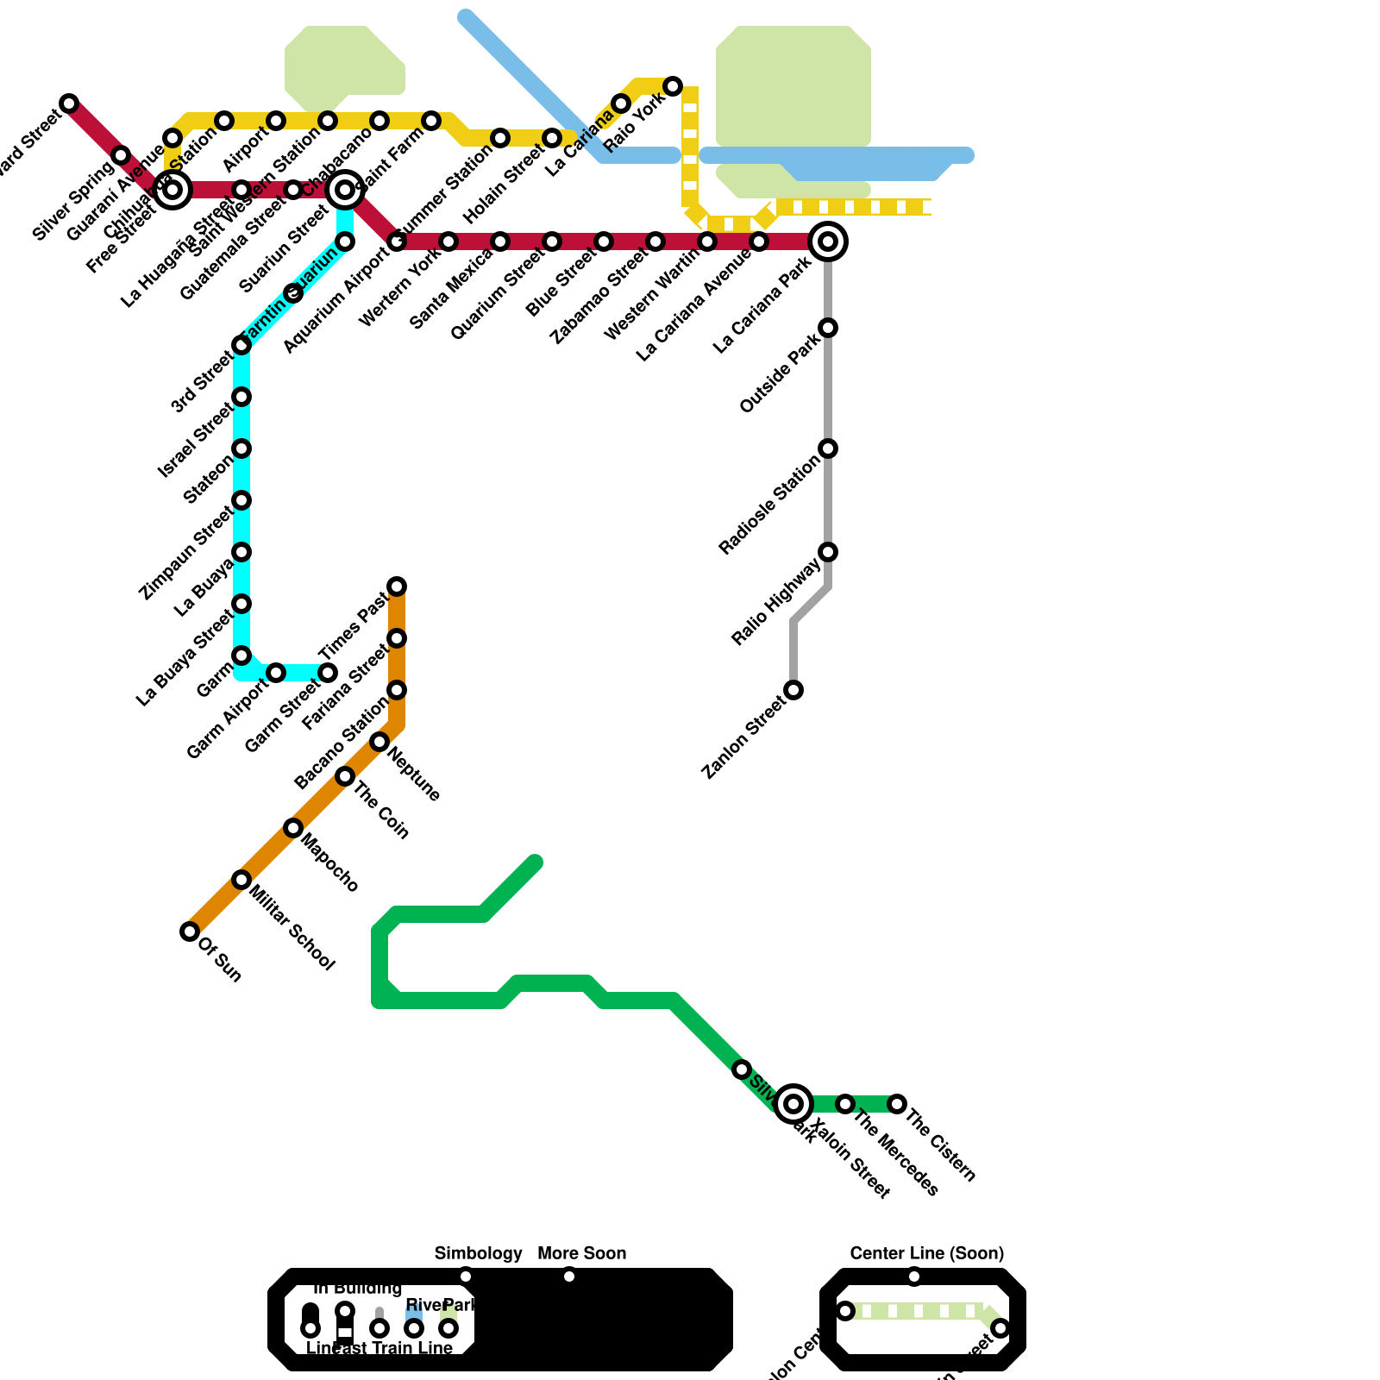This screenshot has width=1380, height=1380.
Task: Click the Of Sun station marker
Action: [190, 931]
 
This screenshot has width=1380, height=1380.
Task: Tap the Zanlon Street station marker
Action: [793, 690]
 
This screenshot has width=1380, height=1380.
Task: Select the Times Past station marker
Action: [397, 586]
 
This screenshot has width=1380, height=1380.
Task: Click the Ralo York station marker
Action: [673, 86]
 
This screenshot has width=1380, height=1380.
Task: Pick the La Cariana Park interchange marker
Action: [828, 241]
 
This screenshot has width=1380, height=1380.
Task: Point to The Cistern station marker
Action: [897, 1104]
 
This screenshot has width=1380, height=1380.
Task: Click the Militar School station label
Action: [292, 927]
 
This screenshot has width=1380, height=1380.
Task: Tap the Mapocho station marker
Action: [293, 828]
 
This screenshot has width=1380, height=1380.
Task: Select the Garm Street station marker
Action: [328, 673]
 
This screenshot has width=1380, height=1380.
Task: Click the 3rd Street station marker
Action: [241, 345]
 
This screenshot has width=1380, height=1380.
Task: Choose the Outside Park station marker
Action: [828, 328]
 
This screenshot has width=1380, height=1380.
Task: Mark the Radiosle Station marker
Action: [828, 448]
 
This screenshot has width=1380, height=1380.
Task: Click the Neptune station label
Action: [415, 774]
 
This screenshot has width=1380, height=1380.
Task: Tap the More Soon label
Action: [581, 1253]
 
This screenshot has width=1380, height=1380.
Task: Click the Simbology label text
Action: [478, 1253]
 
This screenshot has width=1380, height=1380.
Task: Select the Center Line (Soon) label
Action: [926, 1253]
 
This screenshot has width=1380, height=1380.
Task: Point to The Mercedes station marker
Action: [845, 1104]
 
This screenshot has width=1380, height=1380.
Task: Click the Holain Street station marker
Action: [552, 138]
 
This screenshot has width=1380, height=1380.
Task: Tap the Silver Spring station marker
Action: [121, 155]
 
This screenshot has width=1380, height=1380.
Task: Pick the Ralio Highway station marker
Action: [828, 552]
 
